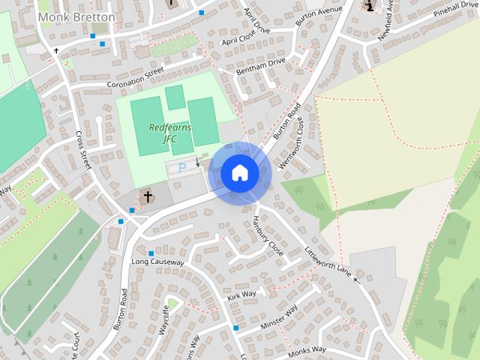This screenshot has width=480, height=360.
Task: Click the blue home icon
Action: coord(239,173)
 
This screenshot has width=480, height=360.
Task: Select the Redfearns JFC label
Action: coord(170,133)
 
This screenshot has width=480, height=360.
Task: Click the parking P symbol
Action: coord(180,167)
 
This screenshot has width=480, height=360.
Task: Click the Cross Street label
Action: coord(82,149)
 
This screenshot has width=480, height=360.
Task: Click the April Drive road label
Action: coord(257,22)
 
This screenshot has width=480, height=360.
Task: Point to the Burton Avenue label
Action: coord(318,19)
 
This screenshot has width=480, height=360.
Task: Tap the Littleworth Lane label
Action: coord(328,260)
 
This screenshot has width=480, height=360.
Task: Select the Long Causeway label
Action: coord(157,262)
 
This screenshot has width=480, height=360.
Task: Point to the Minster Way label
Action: coord(280,319)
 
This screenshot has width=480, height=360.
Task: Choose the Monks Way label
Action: coord(308,349)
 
